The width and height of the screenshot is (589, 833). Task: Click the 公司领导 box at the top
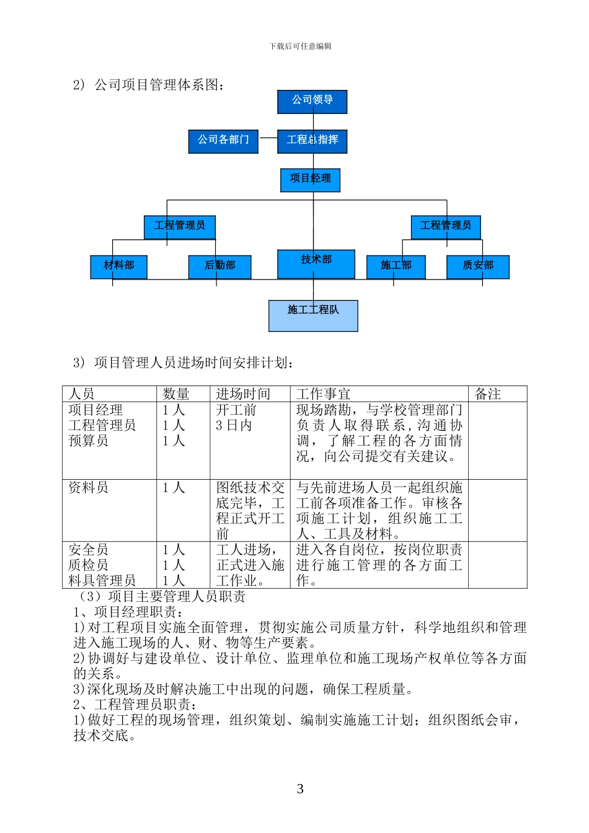pos(312,102)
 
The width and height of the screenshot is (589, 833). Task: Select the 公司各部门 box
pos(223,141)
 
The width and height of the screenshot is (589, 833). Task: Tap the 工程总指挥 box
pos(312,141)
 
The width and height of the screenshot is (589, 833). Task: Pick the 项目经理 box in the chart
pos(310,180)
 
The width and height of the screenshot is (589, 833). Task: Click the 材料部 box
pos(118,267)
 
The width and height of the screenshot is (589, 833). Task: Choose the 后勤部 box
pos(219,267)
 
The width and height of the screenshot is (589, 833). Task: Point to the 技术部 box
pos(316,263)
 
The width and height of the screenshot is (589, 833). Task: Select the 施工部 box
pos(396,267)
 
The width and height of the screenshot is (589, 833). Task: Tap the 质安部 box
pos(477,267)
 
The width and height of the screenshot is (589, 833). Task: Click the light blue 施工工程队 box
pos(313,315)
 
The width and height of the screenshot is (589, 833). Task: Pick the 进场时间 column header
pos(243,394)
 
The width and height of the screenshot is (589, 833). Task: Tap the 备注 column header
pos(488,394)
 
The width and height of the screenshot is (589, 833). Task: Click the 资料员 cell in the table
pos(89,488)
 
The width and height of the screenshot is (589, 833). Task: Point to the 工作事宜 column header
pos(323,394)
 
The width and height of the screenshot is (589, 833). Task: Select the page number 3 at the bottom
pos(300,789)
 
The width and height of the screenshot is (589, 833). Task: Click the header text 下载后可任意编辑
pos(300,46)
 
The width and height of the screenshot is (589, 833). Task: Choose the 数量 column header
pos(176,394)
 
